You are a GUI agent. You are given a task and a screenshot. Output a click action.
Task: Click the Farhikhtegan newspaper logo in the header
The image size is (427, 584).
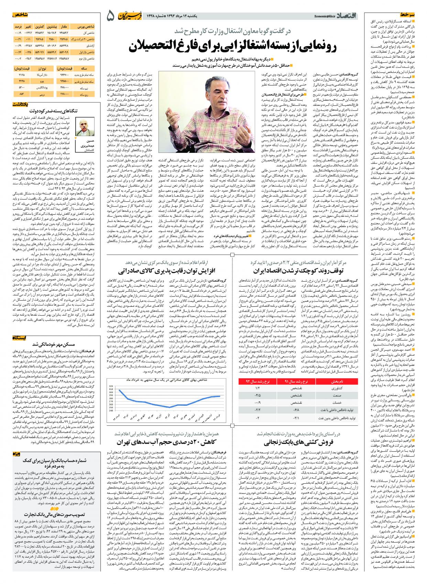132,16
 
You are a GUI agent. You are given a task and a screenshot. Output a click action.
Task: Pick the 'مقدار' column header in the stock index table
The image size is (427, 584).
64,26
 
